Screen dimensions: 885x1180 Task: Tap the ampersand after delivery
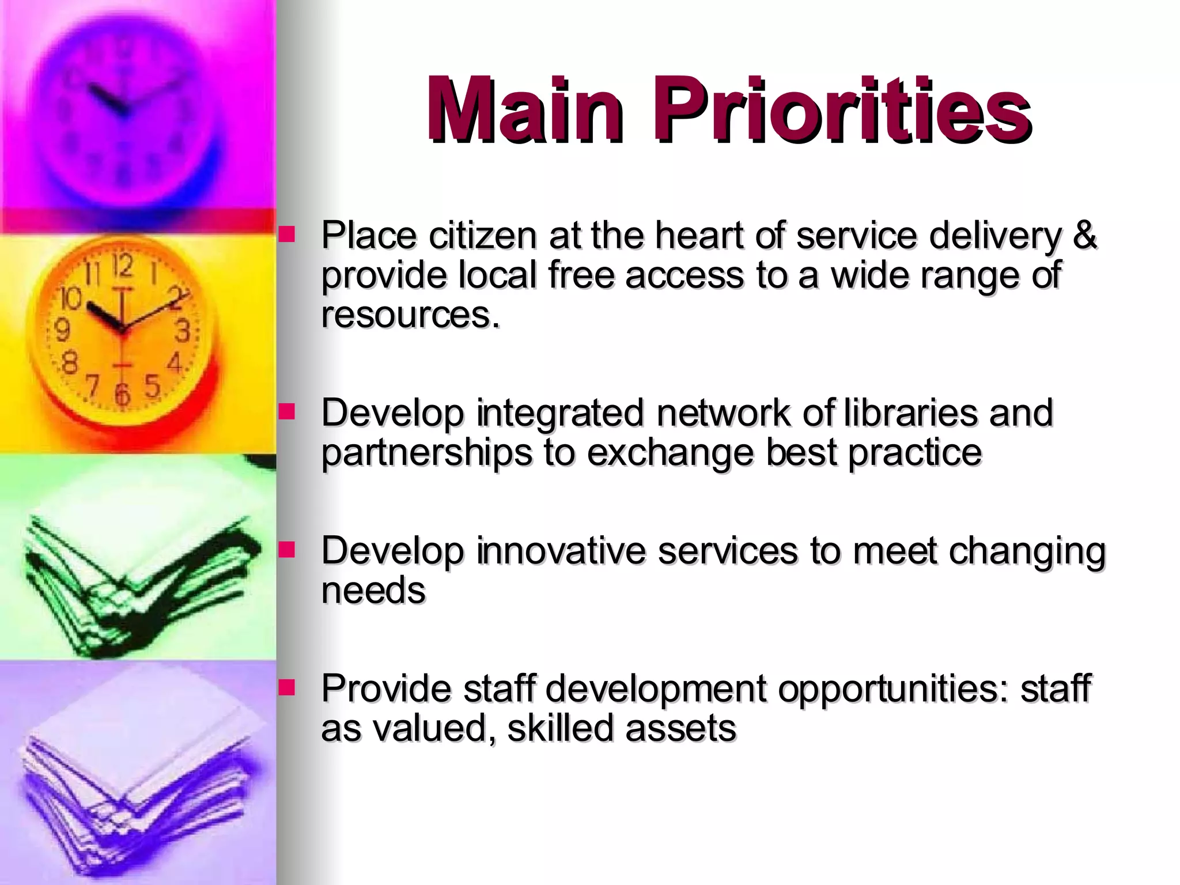click(x=1084, y=235)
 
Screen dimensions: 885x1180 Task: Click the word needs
click(x=373, y=591)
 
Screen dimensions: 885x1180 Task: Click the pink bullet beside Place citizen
click(x=286, y=234)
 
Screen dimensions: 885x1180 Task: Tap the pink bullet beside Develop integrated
click(x=286, y=411)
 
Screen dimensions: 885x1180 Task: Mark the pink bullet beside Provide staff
click(x=286, y=687)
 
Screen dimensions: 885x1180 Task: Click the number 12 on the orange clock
click(x=122, y=266)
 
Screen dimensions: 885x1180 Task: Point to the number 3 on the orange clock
click(x=182, y=332)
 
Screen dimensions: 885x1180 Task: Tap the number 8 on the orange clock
click(x=70, y=363)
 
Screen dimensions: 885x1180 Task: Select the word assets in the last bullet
click(x=680, y=728)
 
